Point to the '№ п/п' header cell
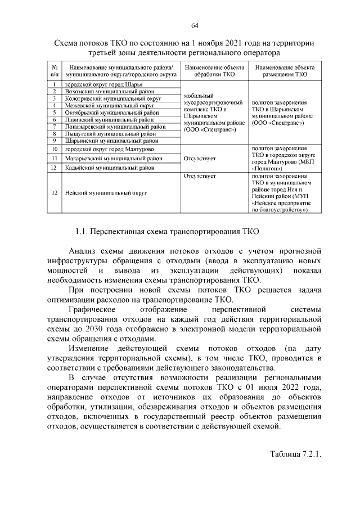point(54,70)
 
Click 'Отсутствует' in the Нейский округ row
point(200,176)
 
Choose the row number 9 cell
point(54,141)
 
